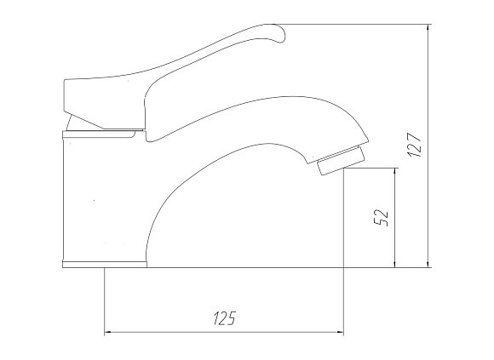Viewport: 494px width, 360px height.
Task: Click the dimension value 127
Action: click(x=414, y=145)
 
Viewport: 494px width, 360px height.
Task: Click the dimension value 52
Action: click(x=380, y=218)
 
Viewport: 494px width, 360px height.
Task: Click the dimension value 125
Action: click(x=225, y=318)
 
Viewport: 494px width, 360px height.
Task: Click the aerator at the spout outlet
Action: click(x=342, y=161)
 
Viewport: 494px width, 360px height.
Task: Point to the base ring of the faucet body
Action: click(x=105, y=265)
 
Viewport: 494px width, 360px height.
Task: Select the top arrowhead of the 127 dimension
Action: click(x=428, y=29)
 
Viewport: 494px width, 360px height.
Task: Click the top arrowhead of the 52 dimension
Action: click(x=394, y=173)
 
